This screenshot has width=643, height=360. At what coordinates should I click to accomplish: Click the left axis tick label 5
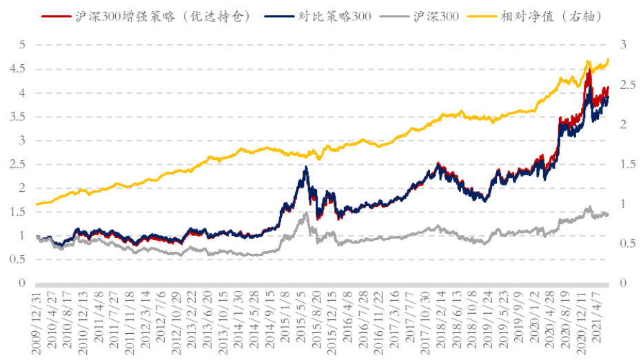[x=22, y=45]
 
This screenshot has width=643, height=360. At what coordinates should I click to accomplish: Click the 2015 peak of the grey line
[x=305, y=212]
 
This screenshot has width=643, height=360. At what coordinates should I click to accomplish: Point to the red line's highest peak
[x=589, y=70]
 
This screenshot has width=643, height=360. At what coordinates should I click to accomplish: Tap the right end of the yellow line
[x=609, y=59]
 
